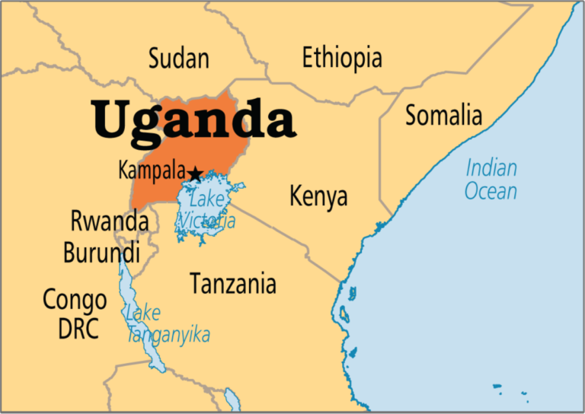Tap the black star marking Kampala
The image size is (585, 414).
tap(195, 174)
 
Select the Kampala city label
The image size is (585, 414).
tap(152, 170)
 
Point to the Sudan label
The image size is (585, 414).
tap(178, 57)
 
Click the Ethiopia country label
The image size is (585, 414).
tap(342, 57)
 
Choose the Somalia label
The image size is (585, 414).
tap(443, 115)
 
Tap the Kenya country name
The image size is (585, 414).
tap(318, 196)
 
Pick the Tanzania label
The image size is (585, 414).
tap(233, 284)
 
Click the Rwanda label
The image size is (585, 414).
tap(109, 221)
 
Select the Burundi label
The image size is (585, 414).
tap(101, 252)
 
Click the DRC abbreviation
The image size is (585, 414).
tap(78, 330)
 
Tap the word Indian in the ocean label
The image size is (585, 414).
tap(491, 167)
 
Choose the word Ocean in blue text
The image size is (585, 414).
tap(491, 191)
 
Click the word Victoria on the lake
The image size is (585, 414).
tap(206, 221)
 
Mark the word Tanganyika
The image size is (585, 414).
tap(168, 334)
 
